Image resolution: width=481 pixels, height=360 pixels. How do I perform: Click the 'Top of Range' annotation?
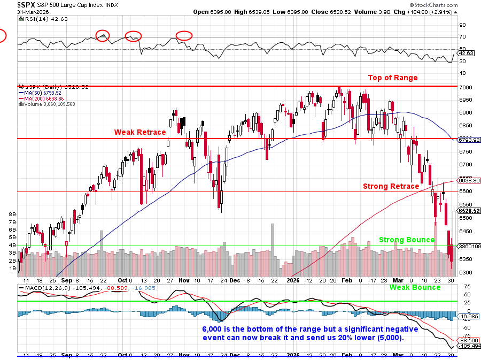392,78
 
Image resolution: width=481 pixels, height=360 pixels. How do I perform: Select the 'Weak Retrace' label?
139,132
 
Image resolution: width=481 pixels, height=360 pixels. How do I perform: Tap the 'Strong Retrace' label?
391,186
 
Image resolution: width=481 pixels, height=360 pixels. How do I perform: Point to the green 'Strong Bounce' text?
406,240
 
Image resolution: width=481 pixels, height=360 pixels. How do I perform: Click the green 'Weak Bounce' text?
415,287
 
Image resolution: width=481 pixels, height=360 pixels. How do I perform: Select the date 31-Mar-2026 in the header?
33,11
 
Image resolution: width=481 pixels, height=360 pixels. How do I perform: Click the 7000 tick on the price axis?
466,87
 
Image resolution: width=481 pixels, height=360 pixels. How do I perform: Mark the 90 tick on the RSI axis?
463,25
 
